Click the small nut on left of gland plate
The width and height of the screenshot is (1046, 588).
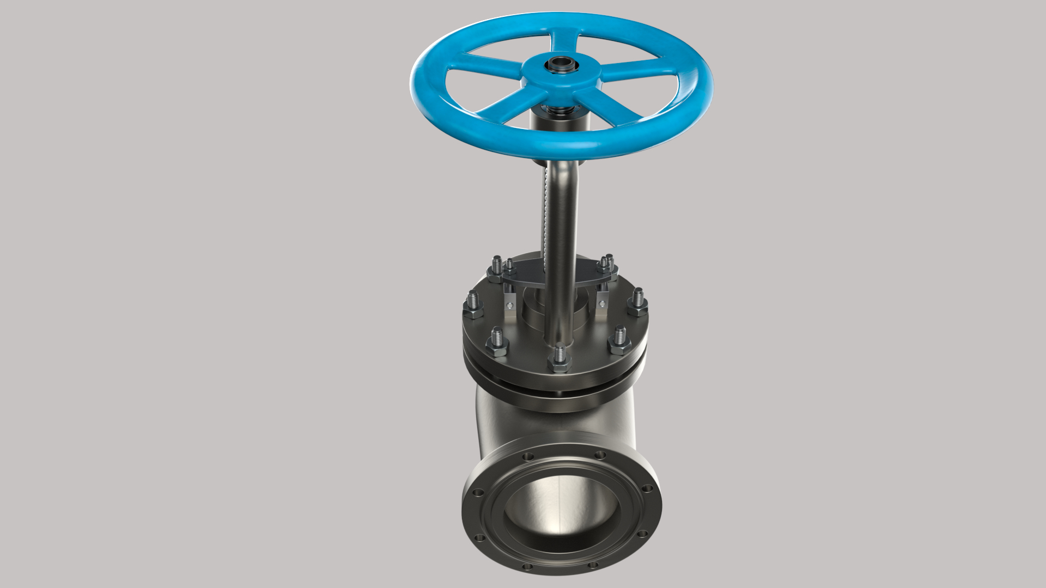[x=509, y=269]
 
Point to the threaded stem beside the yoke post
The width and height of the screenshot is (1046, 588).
[x=545, y=218]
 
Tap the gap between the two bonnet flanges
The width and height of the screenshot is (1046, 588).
[x=556, y=391]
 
